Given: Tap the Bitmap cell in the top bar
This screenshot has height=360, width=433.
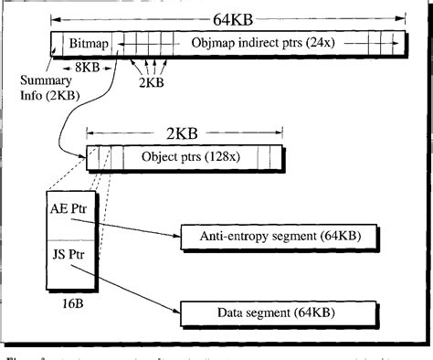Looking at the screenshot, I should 84,42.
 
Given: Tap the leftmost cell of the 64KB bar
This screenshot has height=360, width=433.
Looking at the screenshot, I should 57,42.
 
